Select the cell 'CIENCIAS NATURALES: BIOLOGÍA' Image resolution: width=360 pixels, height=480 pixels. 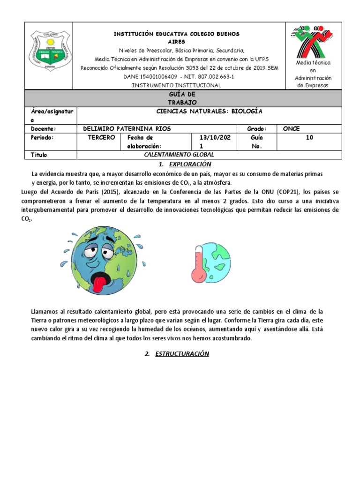(209, 112)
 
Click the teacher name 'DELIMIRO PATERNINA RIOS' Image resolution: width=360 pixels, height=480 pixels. (127, 129)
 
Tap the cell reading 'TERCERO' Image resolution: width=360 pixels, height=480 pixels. (101, 138)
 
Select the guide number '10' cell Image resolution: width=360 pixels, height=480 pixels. (309, 138)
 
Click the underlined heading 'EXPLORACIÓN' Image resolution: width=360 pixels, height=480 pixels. (190, 164)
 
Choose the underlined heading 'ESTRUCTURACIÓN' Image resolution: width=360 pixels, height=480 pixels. (182, 354)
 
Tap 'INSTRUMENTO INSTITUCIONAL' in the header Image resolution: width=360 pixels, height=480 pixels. (176, 85)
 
